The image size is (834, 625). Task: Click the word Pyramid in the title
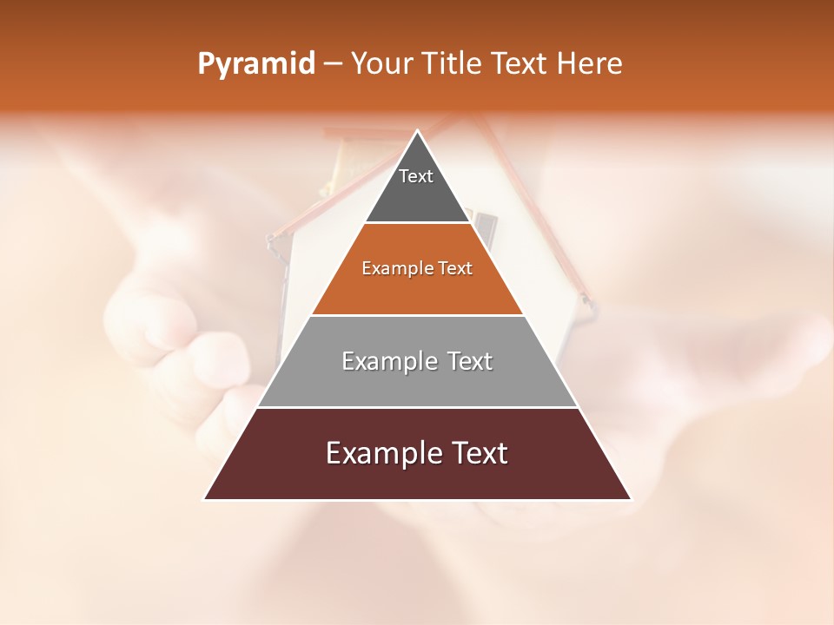click(x=255, y=64)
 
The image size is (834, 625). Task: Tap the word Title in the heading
click(x=454, y=64)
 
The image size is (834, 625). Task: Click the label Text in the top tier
click(x=416, y=176)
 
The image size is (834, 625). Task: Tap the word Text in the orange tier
click(x=456, y=269)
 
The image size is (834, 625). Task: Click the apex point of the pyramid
click(x=418, y=131)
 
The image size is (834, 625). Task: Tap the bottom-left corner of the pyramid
click(x=205, y=499)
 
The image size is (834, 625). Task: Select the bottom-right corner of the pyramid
click(x=631, y=499)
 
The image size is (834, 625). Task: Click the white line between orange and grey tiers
click(x=417, y=315)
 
